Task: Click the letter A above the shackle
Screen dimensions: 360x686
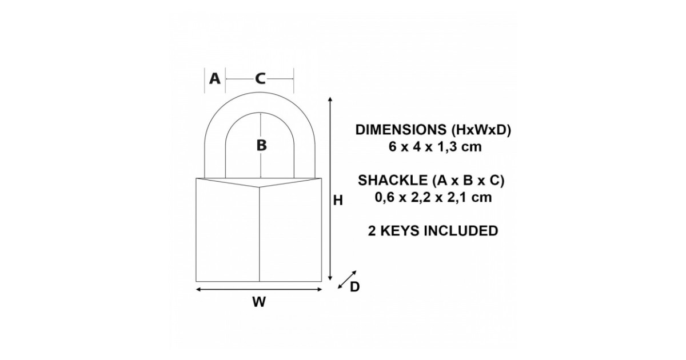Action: point(214,78)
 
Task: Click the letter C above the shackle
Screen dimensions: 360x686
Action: point(260,78)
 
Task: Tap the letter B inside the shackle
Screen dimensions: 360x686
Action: point(261,145)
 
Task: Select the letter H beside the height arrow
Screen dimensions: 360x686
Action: point(338,201)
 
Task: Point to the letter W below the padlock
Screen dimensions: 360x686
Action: point(259,303)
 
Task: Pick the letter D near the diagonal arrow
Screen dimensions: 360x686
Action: point(354,287)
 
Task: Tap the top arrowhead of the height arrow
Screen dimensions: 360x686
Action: point(330,101)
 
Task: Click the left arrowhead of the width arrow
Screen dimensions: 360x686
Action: point(199,290)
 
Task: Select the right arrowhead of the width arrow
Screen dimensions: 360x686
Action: point(320,290)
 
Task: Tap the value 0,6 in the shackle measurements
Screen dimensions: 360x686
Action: point(385,198)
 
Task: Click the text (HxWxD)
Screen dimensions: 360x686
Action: point(481,130)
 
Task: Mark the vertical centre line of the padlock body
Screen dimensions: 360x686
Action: point(260,234)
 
